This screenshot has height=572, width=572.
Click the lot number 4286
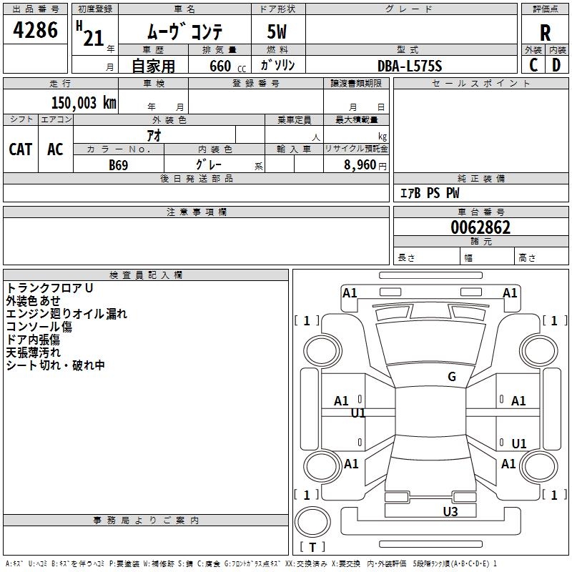click(x=35, y=30)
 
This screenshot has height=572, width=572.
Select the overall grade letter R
click(x=545, y=33)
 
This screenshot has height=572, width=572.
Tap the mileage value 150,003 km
click(x=84, y=103)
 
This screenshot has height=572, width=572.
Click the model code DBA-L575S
click(x=410, y=66)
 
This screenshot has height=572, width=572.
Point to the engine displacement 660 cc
click(x=227, y=66)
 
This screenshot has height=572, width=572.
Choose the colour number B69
click(x=118, y=165)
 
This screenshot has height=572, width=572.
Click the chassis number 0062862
click(x=480, y=227)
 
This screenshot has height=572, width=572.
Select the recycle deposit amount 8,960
click(x=360, y=165)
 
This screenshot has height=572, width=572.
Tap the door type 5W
click(x=277, y=31)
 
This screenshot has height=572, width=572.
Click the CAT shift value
click(x=21, y=149)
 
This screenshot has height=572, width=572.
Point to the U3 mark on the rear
click(x=450, y=512)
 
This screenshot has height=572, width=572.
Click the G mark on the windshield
click(x=452, y=377)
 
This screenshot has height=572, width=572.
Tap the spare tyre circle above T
click(x=312, y=522)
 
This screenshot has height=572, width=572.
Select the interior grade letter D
click(x=556, y=65)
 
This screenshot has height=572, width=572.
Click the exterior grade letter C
click(x=533, y=65)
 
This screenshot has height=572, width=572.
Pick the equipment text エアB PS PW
click(x=430, y=193)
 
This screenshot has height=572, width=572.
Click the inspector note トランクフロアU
click(x=49, y=288)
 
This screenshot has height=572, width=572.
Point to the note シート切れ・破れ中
click(x=56, y=365)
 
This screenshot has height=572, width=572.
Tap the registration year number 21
click(x=94, y=39)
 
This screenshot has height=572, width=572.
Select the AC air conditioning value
click(x=55, y=149)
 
